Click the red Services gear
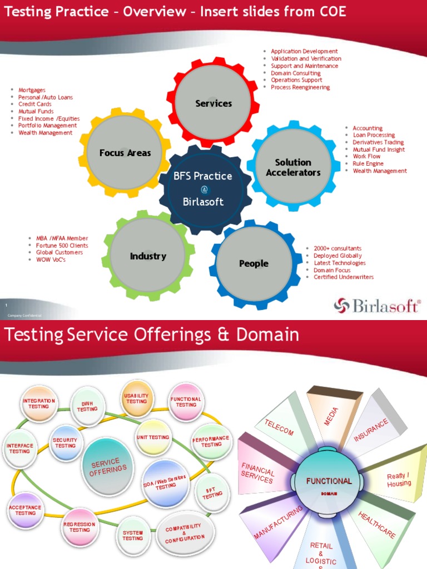coord(213,103)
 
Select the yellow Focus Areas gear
coord(125,153)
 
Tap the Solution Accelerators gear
coord(293,167)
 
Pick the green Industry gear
coord(148,256)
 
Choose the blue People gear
coord(254,263)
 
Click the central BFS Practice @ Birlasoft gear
coord(203,189)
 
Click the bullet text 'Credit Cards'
coord(35,104)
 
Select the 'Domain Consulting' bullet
coord(296,73)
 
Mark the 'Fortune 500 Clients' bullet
coord(62,246)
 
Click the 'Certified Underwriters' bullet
coord(344,277)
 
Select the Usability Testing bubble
coord(137,398)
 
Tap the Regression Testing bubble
coord(80,527)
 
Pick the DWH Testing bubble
coord(87,407)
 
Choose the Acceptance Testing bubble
coord(26,510)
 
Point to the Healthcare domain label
coord(377,525)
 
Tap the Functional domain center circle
coord(329,482)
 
